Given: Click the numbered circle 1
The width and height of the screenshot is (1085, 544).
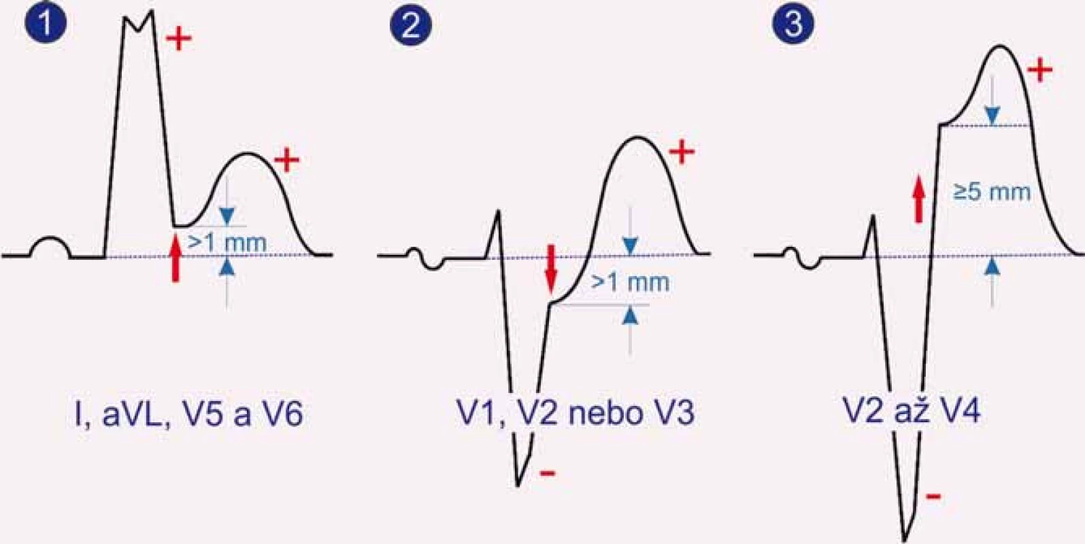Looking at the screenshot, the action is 46,23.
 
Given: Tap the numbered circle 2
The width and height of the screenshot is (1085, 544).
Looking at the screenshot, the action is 412,25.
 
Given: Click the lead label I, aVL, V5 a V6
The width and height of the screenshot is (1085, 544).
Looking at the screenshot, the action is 188,414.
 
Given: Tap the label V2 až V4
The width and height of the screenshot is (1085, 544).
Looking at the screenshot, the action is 912,412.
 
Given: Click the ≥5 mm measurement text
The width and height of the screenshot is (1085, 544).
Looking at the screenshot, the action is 992,192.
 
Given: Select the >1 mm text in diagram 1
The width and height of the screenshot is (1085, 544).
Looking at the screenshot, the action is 227,242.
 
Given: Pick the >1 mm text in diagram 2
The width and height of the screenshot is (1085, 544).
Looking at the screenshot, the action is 630,282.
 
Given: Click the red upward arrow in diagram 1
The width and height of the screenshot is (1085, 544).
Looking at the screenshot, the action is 176,258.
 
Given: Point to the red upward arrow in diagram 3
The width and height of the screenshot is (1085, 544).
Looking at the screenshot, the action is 918,199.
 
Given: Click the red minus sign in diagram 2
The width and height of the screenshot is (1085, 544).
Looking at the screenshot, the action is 548,473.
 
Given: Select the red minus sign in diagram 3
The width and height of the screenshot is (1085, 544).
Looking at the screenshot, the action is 933,496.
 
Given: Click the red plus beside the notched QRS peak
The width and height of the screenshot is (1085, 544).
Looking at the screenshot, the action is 179,38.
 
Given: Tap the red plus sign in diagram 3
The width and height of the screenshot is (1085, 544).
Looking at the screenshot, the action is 1039,71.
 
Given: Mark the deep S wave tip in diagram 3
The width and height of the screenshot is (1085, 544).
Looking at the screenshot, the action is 904,539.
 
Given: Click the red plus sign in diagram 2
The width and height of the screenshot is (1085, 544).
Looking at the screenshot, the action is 682,152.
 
